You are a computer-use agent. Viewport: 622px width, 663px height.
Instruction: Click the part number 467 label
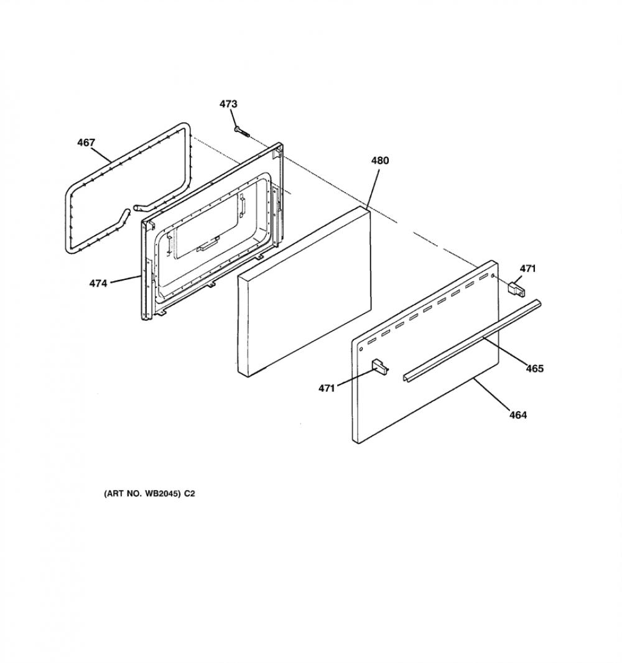click(86, 142)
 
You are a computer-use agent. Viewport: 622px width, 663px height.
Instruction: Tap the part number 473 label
click(228, 104)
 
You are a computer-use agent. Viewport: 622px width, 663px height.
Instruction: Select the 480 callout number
click(380, 160)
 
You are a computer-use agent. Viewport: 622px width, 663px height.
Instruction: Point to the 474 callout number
click(98, 283)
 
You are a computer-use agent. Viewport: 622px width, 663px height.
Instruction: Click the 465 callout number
click(534, 369)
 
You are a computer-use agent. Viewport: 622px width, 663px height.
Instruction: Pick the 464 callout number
click(518, 415)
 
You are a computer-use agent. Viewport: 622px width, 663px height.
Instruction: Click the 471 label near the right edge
click(527, 269)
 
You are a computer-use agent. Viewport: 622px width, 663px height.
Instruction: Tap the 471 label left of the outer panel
click(327, 388)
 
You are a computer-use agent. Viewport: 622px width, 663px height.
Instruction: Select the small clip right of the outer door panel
click(516, 289)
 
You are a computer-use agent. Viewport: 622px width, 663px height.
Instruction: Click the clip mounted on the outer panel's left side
click(379, 366)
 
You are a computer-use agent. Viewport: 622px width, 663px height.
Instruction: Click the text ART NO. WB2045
click(144, 493)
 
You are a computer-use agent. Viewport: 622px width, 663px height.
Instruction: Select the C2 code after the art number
click(190, 493)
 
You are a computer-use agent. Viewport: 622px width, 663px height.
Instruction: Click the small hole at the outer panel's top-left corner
click(361, 350)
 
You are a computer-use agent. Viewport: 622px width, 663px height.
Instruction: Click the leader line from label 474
click(125, 279)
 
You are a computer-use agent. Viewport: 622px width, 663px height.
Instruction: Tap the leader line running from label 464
click(492, 394)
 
